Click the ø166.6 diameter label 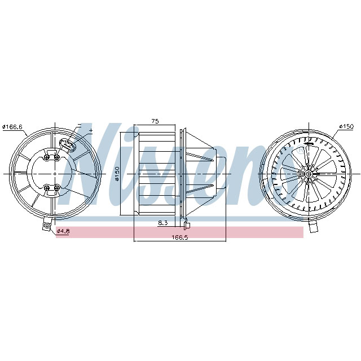pyautogui.click(x=12, y=127)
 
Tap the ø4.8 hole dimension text pyautogui.click(x=63, y=231)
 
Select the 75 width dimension pyautogui.click(x=155, y=121)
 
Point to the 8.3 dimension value pyautogui.click(x=163, y=223)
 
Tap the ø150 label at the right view pyautogui.click(x=345, y=127)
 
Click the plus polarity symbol pyautogui.click(x=90, y=130)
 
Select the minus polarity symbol pyautogui.click(x=79, y=125)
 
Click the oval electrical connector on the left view pyautogui.click(x=71, y=145)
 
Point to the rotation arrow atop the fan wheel pyautogui.click(x=309, y=144)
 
